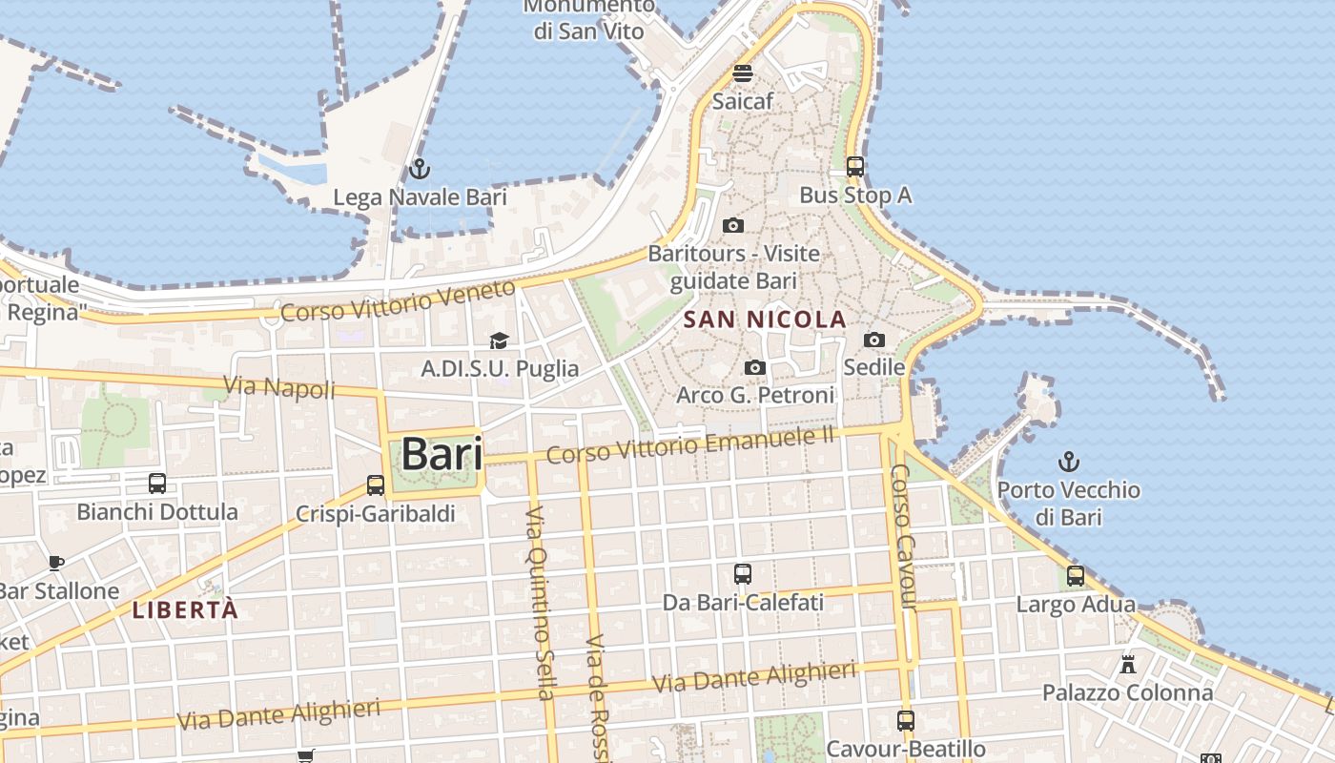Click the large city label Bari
(x=442, y=454)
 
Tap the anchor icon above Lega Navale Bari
(x=420, y=170)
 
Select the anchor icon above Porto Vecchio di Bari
(x=1069, y=463)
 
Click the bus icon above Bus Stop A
(x=855, y=167)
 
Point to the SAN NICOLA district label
(x=766, y=320)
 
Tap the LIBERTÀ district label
(x=185, y=610)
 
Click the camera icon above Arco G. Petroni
(x=755, y=367)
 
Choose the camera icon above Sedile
(x=874, y=340)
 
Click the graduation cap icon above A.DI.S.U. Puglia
(x=499, y=340)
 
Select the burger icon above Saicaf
(x=743, y=72)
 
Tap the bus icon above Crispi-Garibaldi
(x=376, y=485)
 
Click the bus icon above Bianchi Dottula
(x=157, y=484)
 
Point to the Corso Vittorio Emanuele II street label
(x=690, y=444)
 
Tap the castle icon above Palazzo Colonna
(x=1128, y=664)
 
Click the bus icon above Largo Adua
(x=1076, y=576)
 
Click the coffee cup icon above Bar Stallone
(x=56, y=563)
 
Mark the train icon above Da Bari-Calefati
(x=743, y=574)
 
